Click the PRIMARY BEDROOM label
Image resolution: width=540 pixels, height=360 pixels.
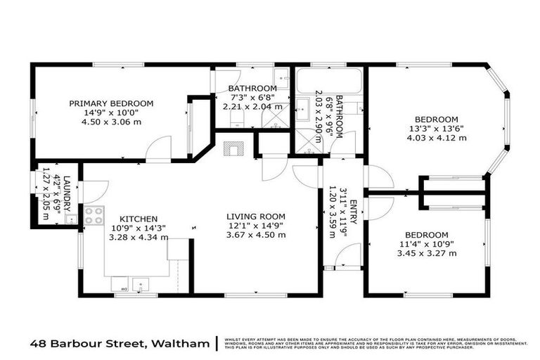[x=111, y=103]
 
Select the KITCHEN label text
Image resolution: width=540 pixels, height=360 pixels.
[x=138, y=219]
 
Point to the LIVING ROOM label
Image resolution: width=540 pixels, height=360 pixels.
[x=255, y=216]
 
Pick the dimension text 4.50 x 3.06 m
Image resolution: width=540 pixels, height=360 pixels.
[x=111, y=122]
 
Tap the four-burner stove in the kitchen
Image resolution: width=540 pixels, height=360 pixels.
[x=94, y=216]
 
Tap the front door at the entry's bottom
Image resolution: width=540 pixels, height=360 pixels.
[x=349, y=256]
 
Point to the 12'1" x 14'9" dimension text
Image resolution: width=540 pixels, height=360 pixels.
[x=255, y=226]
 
